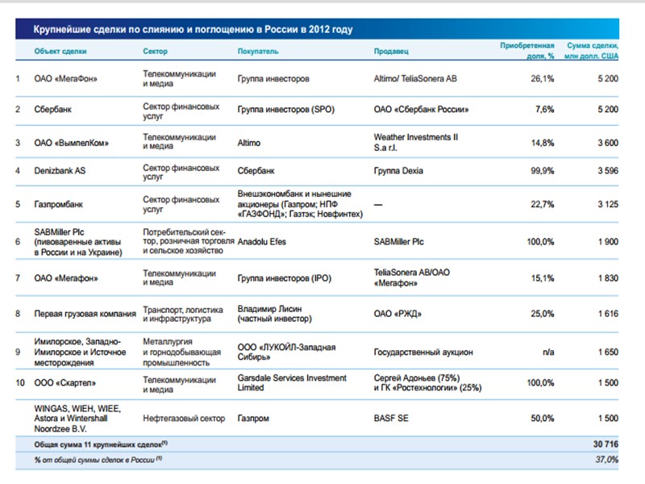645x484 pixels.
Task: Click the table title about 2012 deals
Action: [193, 30]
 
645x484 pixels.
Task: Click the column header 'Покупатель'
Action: [258, 51]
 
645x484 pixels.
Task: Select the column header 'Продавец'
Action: [391, 51]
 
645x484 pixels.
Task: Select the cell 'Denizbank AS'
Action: [60, 172]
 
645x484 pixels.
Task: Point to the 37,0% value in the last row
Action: [606, 458]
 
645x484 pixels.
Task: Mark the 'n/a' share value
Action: [547, 353]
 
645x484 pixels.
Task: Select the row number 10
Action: [19, 382]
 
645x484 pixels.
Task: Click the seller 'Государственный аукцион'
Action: [423, 353]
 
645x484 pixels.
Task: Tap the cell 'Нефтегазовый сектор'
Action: [182, 419]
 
